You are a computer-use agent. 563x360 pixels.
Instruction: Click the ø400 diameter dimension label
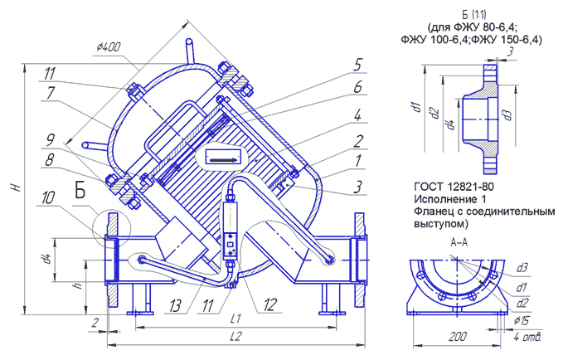click(x=109, y=47)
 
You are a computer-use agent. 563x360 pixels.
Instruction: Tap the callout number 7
click(x=51, y=93)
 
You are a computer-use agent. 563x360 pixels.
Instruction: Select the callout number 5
click(x=357, y=65)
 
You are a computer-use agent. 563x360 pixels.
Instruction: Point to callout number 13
click(x=175, y=306)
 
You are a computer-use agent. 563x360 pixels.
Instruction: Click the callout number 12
click(x=270, y=305)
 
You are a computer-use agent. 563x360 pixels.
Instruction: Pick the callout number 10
click(x=48, y=197)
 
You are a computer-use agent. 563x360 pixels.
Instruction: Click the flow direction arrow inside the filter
click(x=222, y=159)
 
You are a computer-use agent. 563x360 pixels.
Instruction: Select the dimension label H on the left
click(x=15, y=187)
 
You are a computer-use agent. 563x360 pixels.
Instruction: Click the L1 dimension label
click(x=235, y=319)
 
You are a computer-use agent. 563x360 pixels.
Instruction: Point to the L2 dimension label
click(x=236, y=337)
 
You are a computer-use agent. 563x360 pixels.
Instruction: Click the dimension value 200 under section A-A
click(x=459, y=337)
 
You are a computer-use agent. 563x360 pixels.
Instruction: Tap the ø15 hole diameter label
click(x=521, y=320)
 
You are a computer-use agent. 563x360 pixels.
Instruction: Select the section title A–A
click(x=459, y=243)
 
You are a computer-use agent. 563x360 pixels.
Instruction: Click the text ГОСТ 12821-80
click(x=454, y=187)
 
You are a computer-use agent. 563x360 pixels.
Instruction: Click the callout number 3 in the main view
click(x=357, y=187)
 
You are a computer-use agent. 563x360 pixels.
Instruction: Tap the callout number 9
click(x=51, y=140)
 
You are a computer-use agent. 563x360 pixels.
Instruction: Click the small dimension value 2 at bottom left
click(x=95, y=323)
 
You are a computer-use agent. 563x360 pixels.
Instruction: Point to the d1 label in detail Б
click(x=417, y=107)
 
